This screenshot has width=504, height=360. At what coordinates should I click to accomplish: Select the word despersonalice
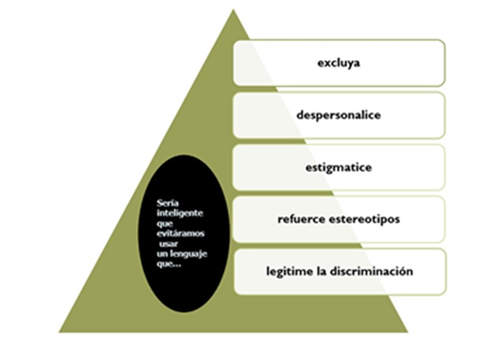tap(340, 115)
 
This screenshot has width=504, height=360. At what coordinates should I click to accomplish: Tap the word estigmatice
tap(339, 168)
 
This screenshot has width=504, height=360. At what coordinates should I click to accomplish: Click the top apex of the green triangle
tap(233, 10)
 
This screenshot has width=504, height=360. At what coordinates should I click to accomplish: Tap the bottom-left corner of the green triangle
tap(60, 332)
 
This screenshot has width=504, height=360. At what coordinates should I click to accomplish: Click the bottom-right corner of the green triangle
tap(408, 332)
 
